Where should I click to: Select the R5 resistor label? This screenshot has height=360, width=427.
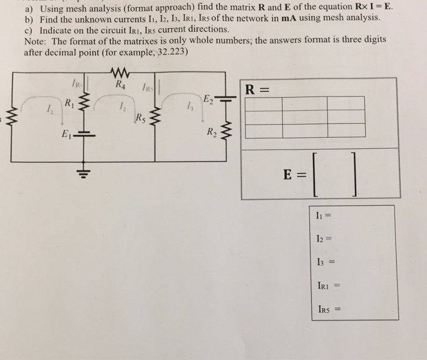click(140, 117)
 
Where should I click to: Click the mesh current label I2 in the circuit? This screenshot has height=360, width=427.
click(123, 107)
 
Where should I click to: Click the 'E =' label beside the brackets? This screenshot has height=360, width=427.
click(296, 175)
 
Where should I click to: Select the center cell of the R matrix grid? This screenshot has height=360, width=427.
click(305, 117)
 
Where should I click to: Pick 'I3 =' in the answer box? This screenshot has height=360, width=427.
click(324, 262)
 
